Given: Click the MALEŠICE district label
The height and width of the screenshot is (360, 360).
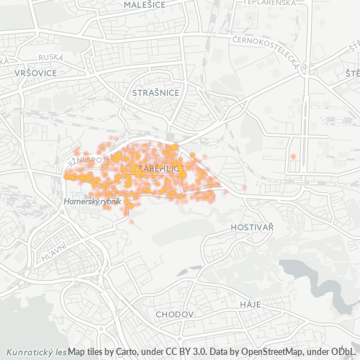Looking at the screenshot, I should point(144,4).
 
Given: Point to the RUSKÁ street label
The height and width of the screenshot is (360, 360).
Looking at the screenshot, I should point(50,56).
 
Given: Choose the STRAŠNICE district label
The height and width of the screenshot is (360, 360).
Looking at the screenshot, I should point(150,93).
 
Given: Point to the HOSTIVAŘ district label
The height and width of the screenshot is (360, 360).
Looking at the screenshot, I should point(252,227).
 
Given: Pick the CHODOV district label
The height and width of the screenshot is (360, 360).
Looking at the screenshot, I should point(175,315).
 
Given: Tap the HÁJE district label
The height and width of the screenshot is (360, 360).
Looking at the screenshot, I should point(250,305).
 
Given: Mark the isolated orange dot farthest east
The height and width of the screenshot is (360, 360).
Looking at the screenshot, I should point(293,156).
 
